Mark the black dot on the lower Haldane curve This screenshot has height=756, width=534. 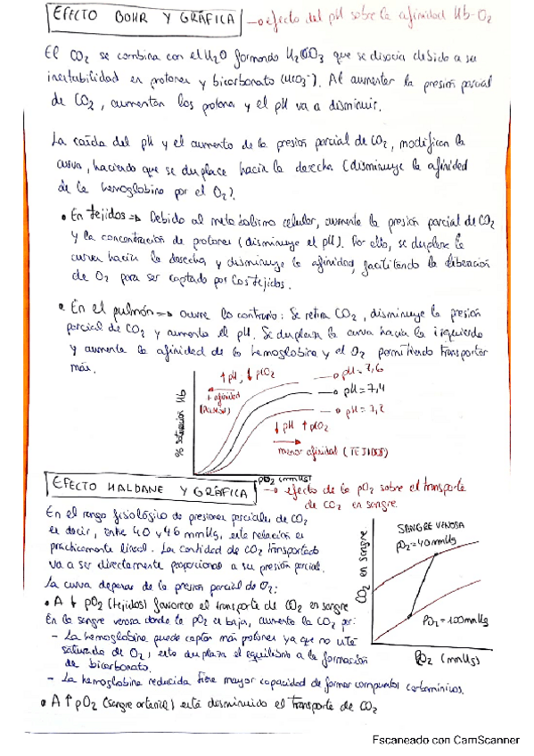[408, 614]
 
